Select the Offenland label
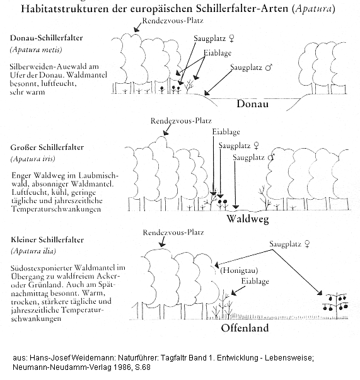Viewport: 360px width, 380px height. (245, 328)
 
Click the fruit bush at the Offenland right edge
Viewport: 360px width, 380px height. (334, 302)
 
